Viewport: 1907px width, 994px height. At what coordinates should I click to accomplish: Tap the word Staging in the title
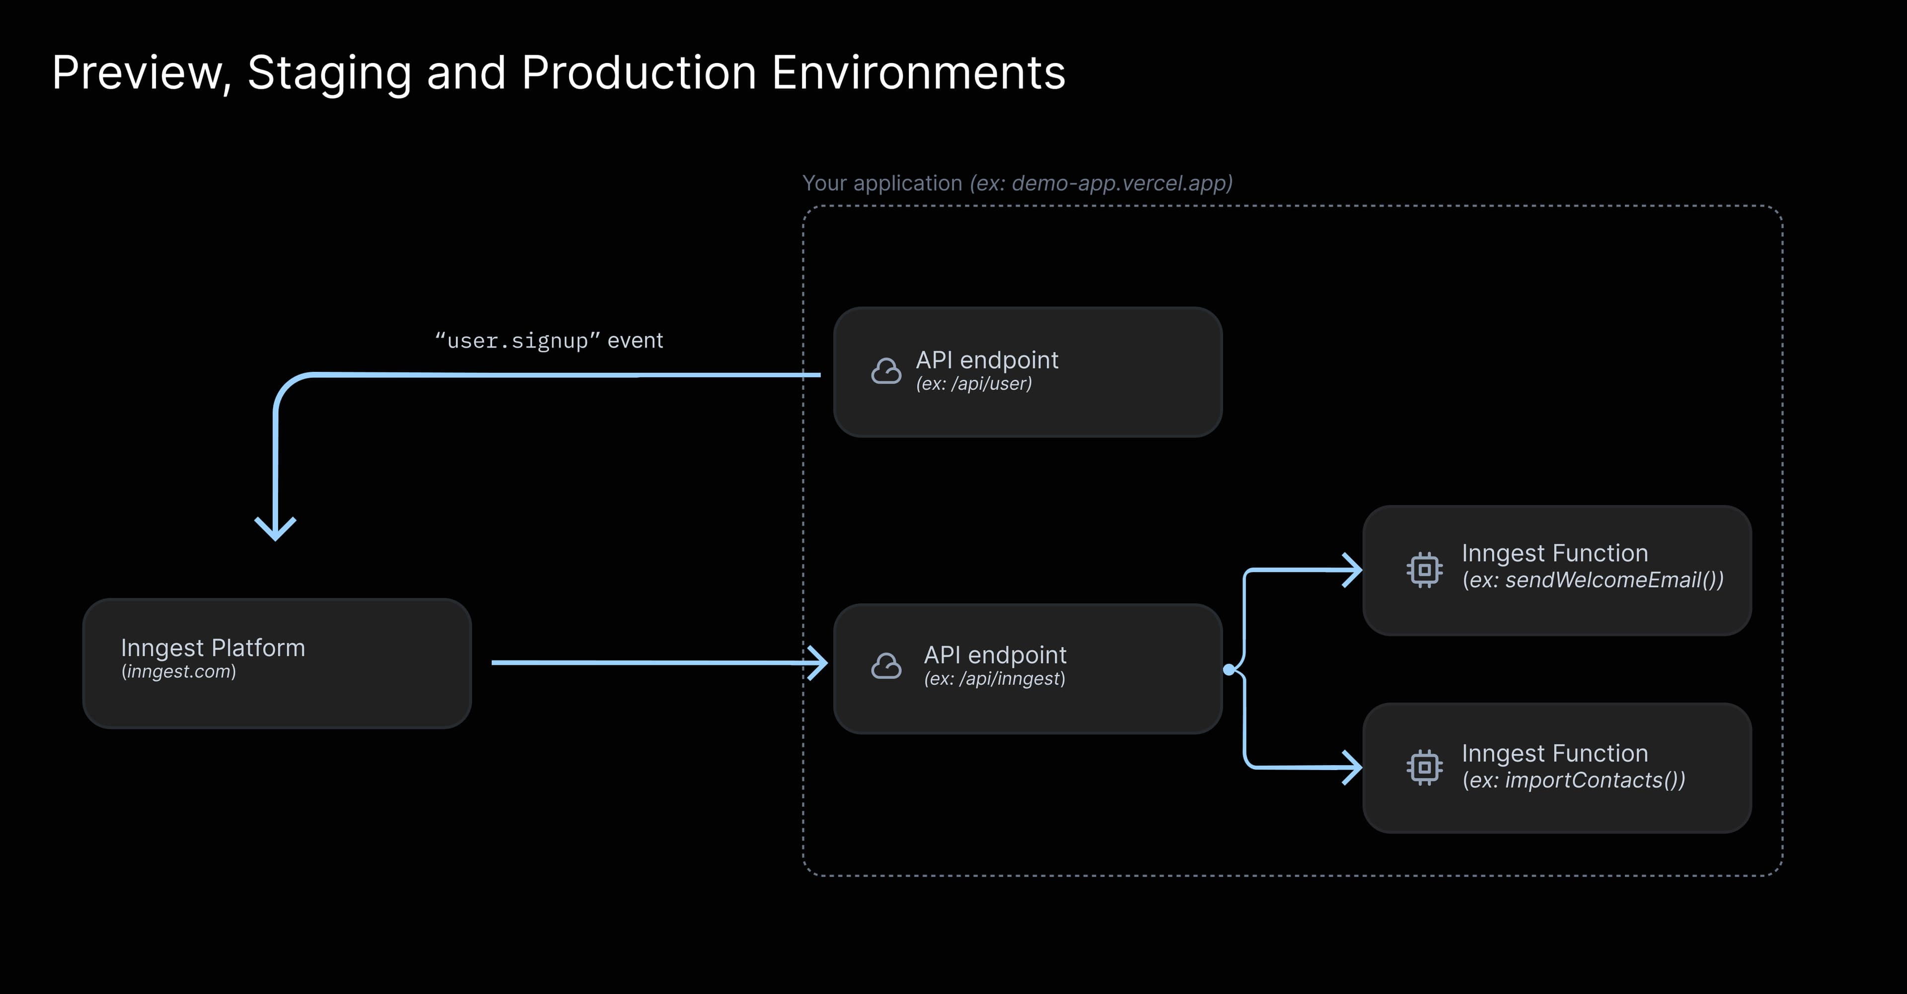coord(329,73)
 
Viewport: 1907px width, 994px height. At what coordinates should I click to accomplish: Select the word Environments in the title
coord(918,73)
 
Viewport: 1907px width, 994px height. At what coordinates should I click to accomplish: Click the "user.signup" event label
coord(549,341)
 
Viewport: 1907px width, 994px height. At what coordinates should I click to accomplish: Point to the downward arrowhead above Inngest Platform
coord(276,529)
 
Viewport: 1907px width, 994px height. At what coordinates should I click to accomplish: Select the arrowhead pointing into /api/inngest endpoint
coord(817,662)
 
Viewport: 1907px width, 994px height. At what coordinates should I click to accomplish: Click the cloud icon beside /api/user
coord(886,371)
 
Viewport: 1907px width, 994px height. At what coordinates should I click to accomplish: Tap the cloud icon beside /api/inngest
coord(886,666)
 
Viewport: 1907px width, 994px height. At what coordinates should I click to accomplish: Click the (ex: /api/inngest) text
coord(994,679)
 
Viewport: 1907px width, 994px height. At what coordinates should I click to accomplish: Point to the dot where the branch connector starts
coord(1229,669)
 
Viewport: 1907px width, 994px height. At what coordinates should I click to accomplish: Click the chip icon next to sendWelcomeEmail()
coord(1424,570)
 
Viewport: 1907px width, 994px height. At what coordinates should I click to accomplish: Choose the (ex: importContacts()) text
coord(1573,780)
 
